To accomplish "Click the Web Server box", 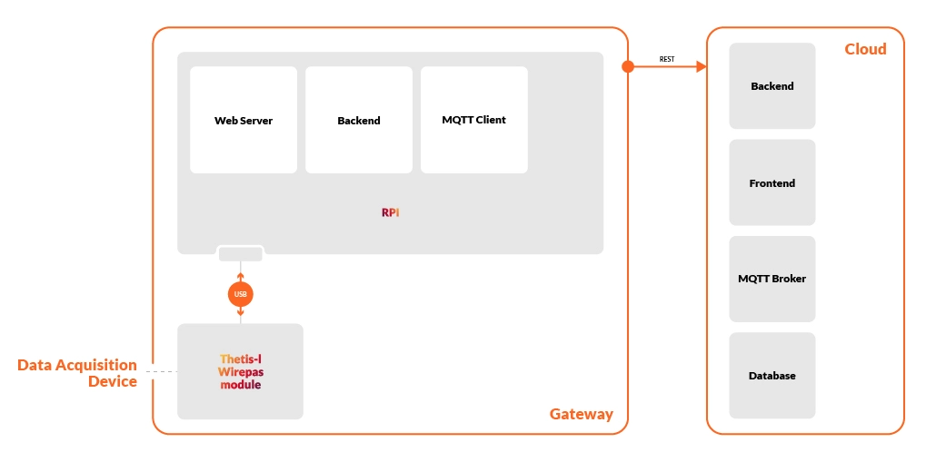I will click(x=243, y=120).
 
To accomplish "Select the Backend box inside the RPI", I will click(x=358, y=120).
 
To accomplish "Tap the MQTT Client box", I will click(x=473, y=120).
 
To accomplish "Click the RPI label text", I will click(x=390, y=212).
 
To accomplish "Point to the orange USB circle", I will click(x=240, y=294).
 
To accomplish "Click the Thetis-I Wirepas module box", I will click(x=240, y=371).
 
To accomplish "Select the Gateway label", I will click(x=581, y=414).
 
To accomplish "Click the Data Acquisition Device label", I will click(x=77, y=373).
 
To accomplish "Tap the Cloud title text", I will click(x=865, y=49).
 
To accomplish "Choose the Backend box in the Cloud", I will click(x=772, y=86).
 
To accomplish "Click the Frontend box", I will click(x=772, y=182).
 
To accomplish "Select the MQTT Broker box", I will click(x=772, y=279).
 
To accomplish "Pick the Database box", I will click(x=772, y=375).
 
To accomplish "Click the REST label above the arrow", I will click(x=667, y=60).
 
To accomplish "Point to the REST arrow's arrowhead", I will click(x=701, y=66).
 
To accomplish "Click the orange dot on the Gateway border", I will click(x=627, y=66).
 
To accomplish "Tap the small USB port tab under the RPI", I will click(x=240, y=254).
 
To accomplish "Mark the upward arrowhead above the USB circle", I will click(x=240, y=275).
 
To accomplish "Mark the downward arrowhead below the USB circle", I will click(x=240, y=315).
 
